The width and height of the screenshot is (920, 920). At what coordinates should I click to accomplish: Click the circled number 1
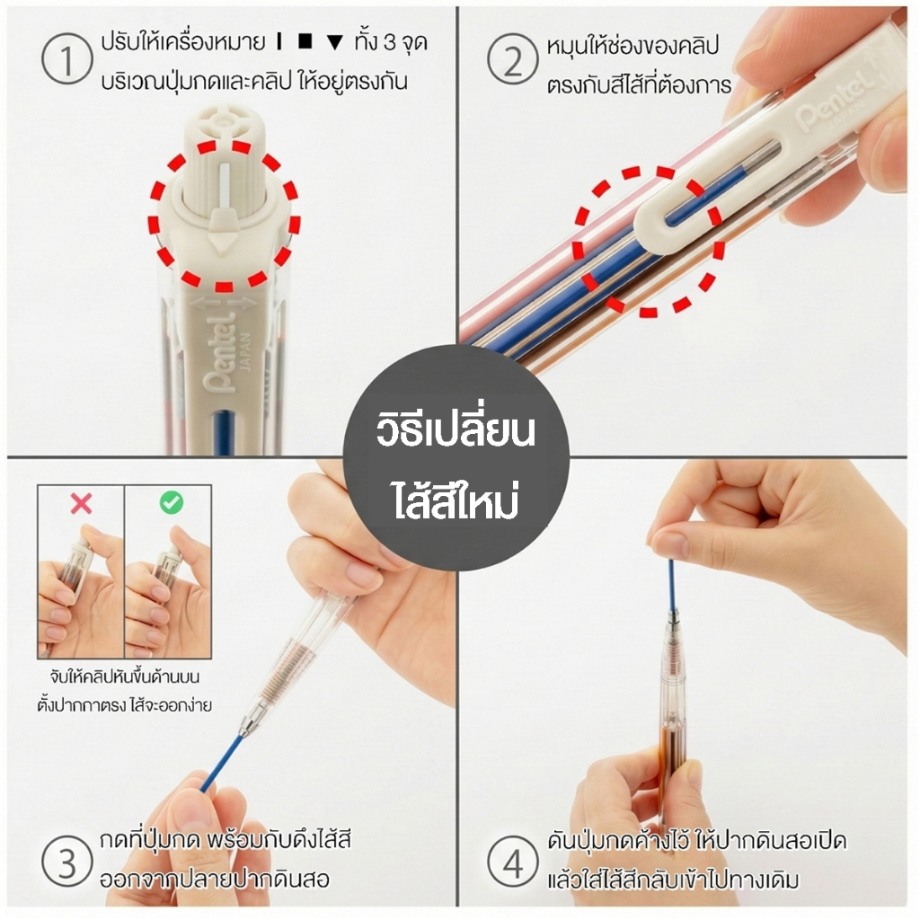coord(66,59)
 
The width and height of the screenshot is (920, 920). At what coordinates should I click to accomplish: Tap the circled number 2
coord(512,59)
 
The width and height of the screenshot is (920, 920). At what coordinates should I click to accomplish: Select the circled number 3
coord(66,861)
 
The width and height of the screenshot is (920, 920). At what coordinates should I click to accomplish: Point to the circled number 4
coord(513,861)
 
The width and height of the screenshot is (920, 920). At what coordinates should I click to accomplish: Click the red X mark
coord(81,503)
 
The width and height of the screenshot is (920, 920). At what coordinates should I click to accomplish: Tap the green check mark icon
coord(172,502)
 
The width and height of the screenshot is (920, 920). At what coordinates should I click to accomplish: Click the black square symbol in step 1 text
coord(305,41)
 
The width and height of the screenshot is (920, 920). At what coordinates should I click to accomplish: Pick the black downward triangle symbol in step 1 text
coord(334,43)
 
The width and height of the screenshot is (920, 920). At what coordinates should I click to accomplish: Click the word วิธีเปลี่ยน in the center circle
coord(456,430)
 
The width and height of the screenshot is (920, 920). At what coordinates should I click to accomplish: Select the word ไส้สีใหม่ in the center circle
coord(456,500)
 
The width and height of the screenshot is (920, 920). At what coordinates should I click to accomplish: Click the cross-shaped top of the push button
coord(223,120)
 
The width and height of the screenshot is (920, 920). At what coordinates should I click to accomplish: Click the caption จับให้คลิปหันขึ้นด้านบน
coord(124,677)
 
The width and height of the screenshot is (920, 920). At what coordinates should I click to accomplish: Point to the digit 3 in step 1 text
coord(390,42)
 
